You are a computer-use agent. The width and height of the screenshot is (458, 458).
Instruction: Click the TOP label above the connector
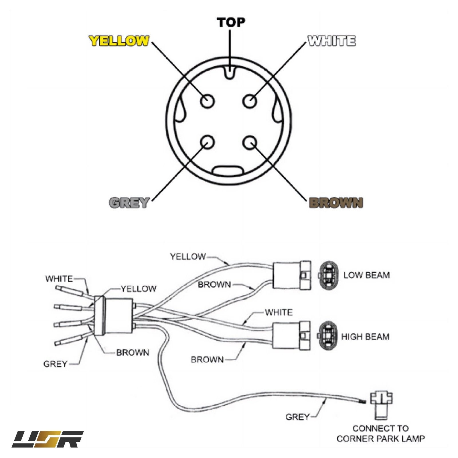231,22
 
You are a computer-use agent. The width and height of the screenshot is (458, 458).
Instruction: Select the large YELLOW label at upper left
119,41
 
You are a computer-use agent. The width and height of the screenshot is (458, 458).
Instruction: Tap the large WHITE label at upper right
332,41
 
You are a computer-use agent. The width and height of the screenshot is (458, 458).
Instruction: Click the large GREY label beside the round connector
129,203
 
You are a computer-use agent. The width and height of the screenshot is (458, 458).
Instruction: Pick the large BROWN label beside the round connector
336,203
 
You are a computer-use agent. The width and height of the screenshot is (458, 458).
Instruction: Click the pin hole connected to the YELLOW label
207,101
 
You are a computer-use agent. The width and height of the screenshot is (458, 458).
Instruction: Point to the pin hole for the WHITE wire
250,101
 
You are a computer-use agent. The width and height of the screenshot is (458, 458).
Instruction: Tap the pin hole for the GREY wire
207,142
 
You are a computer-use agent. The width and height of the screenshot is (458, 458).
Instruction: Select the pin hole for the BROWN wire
250,142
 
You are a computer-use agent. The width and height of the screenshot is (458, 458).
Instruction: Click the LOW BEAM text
366,275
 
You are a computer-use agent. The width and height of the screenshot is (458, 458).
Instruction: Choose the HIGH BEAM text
365,337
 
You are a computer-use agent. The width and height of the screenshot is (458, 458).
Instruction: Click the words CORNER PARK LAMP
380,438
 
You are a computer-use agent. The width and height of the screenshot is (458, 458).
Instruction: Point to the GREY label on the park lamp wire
297,417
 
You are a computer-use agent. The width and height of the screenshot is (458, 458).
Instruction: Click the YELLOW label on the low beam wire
188,256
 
